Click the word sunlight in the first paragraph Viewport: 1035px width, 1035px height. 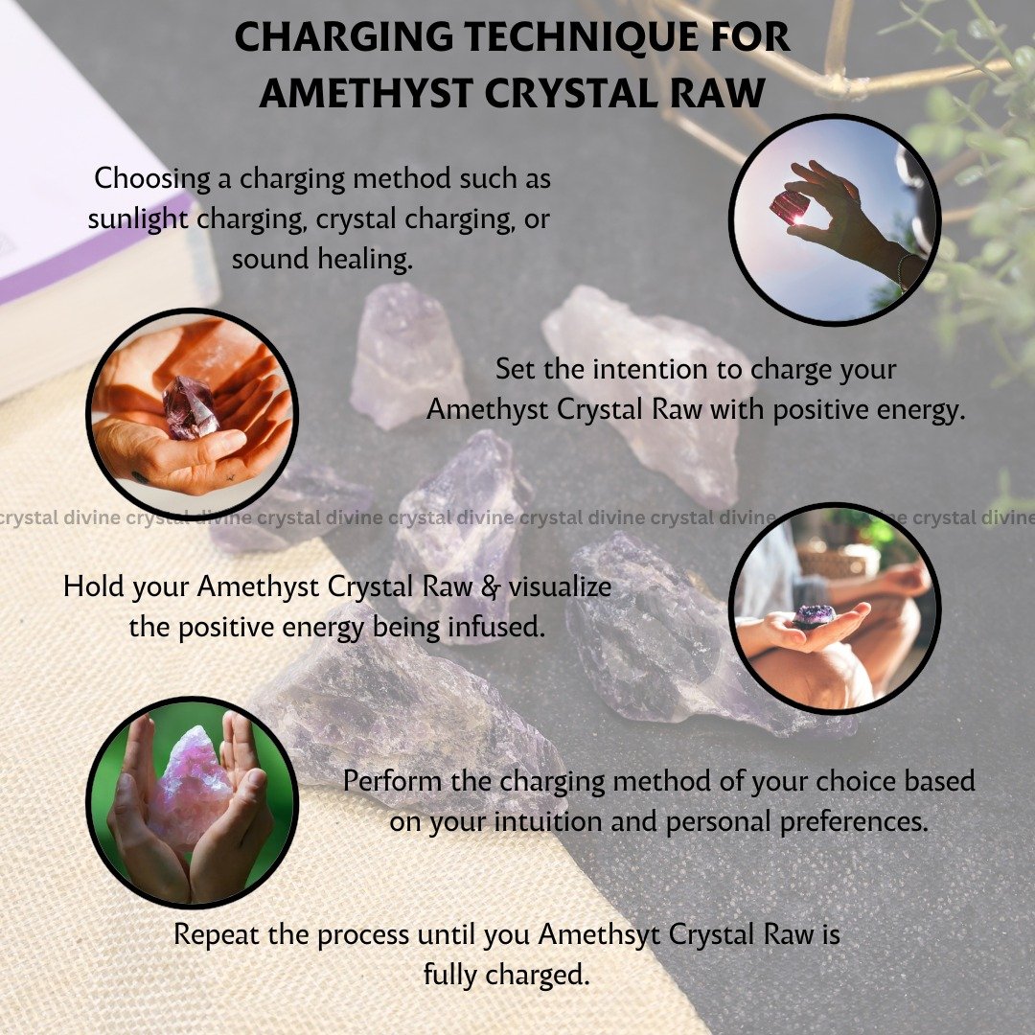point(138,219)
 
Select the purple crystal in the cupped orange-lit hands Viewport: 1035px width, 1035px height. point(190,407)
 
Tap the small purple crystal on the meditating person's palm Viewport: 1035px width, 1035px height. point(814,616)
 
